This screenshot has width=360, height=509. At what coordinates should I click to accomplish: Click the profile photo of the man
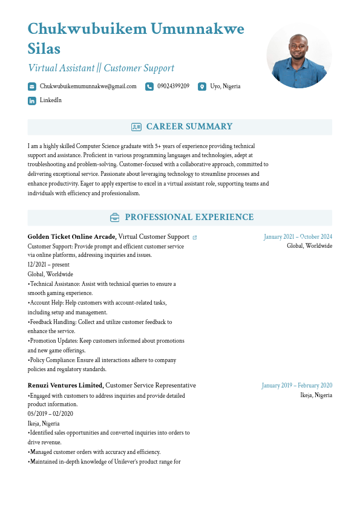tap(299, 56)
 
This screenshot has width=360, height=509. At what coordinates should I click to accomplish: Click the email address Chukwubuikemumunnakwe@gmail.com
tap(88, 86)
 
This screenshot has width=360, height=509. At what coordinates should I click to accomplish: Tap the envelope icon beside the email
tap(32, 86)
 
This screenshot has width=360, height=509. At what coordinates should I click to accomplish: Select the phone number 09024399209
tap(173, 86)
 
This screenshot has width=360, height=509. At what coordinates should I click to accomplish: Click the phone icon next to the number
tap(149, 86)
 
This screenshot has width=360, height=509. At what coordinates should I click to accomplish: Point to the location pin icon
tap(202, 86)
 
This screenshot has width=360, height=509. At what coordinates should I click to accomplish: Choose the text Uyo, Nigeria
tap(225, 86)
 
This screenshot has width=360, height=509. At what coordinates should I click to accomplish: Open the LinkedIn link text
tap(51, 100)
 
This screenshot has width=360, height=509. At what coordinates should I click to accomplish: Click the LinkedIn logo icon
tap(32, 100)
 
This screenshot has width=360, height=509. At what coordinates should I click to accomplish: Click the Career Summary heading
tap(189, 127)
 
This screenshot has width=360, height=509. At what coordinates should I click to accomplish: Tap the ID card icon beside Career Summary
tap(136, 127)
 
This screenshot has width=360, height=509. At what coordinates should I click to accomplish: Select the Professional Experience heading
tap(189, 218)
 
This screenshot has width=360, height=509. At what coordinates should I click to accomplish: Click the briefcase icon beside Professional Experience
tap(114, 218)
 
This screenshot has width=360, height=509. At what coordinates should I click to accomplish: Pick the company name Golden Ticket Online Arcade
tap(72, 236)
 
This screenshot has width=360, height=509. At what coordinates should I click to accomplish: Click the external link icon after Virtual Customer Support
tap(195, 238)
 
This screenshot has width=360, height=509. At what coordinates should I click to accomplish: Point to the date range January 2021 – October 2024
tap(298, 237)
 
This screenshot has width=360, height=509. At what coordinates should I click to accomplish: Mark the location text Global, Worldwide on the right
tap(309, 246)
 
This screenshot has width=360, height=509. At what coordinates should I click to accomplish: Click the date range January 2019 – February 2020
tap(297, 386)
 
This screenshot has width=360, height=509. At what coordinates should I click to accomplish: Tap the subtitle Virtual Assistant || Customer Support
tap(101, 68)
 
